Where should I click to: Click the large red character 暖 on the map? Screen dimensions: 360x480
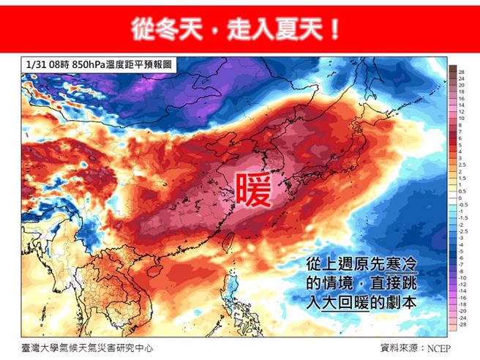click(253, 192)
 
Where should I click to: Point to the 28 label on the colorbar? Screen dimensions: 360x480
click(462, 72)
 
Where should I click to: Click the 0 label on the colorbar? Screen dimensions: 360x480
click(462, 198)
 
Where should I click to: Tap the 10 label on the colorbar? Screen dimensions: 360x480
click(462, 119)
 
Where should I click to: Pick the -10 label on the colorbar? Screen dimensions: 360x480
click(462, 278)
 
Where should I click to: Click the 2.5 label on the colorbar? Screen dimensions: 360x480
click(462, 165)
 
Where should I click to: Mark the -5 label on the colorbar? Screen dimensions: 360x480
click(462, 251)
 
